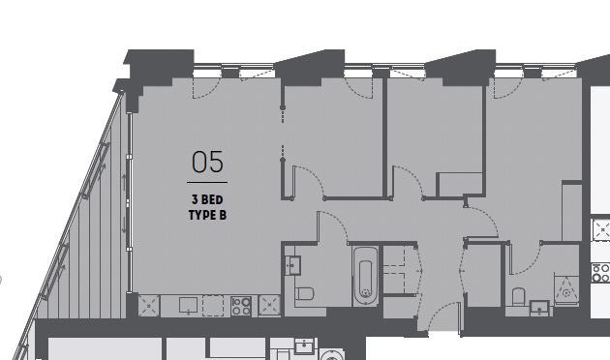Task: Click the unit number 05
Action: point(208,162)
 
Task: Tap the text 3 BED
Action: point(207,199)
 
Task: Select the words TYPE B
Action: point(207,215)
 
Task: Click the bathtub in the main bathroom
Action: point(365,276)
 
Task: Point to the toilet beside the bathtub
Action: point(305,293)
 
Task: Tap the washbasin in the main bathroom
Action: point(292,265)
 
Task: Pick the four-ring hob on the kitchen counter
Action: point(241,306)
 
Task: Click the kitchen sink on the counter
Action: point(188,306)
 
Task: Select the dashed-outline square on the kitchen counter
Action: point(213,306)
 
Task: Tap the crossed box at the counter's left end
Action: point(149,306)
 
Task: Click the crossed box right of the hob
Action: point(269,305)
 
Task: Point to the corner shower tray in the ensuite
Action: point(566,289)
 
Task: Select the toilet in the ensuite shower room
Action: point(519,297)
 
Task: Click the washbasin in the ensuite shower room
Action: point(540,308)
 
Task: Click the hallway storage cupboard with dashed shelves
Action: point(401,270)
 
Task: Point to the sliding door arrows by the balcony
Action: point(125,203)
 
